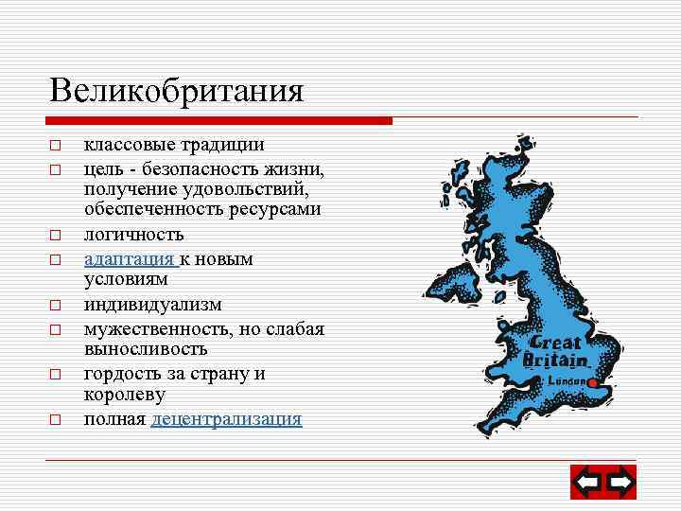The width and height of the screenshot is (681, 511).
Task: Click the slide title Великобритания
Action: pyautogui.click(x=177, y=91)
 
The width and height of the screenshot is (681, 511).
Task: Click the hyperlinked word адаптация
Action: pyautogui.click(x=129, y=258)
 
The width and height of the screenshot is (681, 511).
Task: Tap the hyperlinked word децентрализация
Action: pyautogui.click(x=226, y=418)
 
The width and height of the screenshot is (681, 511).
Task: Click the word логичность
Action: pyautogui.click(x=133, y=234)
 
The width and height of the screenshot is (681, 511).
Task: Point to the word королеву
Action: pyautogui.click(x=124, y=395)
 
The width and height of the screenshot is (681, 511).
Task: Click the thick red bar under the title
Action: pyautogui.click(x=218, y=121)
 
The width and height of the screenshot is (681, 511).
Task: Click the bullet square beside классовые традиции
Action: pyautogui.click(x=56, y=147)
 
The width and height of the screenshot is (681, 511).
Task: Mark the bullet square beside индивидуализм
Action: pyautogui.click(x=56, y=306)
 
